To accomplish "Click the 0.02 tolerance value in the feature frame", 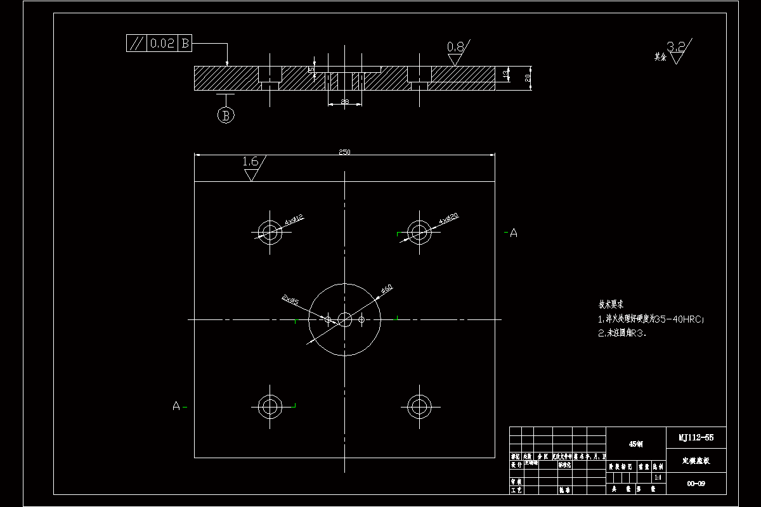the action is pos(162,44).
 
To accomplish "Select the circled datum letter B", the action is pos(226,115).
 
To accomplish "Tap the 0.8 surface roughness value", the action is pos(455,47).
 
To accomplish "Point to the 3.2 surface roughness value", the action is pos(677,46).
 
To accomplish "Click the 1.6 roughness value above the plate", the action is pos(250,162).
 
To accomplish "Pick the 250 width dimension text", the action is pos(344,152).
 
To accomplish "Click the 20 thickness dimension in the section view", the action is pos(527,78).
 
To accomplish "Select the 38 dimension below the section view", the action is pos(345,101).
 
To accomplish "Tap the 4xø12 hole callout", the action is pos(294,220).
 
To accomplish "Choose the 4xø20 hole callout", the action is pos(448,219).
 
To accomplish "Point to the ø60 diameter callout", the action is pos(387,289).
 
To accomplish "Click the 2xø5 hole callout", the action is pos(291,300).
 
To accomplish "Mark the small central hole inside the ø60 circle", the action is pos(344,319).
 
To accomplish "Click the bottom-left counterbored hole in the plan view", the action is pos(270,405).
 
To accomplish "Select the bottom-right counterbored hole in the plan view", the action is pos(419,404).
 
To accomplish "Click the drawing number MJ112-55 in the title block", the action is pos(696,437).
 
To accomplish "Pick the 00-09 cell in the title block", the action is pos(696,484).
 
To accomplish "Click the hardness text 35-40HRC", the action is pos(678,319).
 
